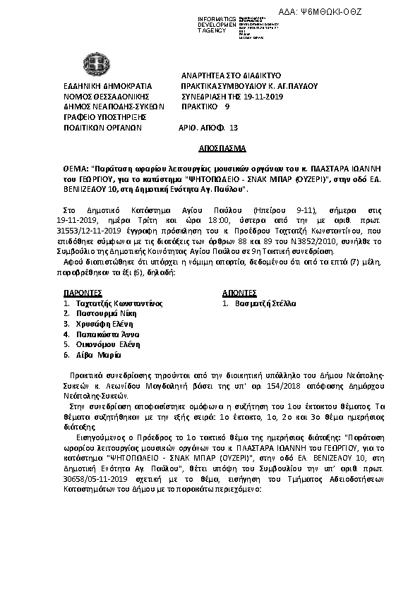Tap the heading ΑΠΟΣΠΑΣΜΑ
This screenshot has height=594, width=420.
click(x=220, y=150)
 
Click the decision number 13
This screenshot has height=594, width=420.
click(x=234, y=129)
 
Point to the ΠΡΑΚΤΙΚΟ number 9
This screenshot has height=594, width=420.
click(x=227, y=107)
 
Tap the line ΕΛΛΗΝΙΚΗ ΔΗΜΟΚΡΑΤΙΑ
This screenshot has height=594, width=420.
click(x=98, y=85)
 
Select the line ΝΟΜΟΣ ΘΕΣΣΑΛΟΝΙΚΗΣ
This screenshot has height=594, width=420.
click(x=97, y=96)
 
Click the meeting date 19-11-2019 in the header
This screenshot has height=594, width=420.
click(x=258, y=96)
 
